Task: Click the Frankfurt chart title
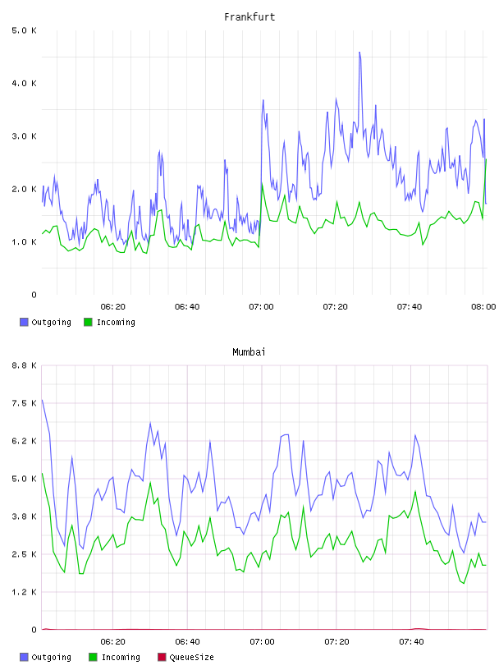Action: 249,17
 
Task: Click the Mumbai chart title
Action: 249,352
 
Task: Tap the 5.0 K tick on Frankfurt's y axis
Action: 25,30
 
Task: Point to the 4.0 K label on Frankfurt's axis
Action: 25,83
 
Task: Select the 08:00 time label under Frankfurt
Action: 483,307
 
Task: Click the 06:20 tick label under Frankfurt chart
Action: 112,307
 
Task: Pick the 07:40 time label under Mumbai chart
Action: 411,642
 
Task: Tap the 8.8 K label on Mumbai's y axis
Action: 25,365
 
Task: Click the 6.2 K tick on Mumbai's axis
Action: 25,441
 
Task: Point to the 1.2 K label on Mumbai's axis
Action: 25,592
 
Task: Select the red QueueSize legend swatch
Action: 162,657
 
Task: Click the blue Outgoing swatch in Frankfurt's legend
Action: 24,322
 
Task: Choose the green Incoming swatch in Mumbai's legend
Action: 93,657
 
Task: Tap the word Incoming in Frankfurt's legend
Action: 117,323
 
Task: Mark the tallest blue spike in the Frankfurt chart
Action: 359,53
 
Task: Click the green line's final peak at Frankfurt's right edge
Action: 486,159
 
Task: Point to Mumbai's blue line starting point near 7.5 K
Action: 43,401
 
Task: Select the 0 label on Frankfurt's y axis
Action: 34,295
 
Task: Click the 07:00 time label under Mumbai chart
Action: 262,642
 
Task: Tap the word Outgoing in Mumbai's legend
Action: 51,658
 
